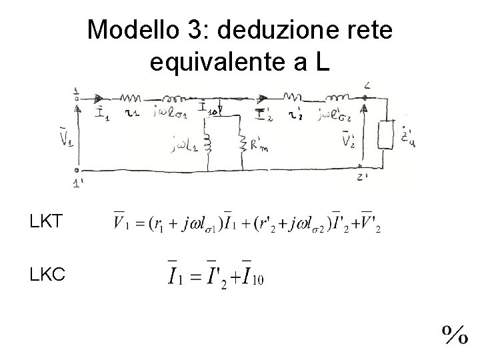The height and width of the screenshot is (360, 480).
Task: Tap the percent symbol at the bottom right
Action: click(453, 334)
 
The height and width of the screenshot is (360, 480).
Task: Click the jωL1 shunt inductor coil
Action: click(208, 143)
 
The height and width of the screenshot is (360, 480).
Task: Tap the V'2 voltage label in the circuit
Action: click(347, 139)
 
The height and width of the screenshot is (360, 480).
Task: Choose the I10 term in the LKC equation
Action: click(253, 274)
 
